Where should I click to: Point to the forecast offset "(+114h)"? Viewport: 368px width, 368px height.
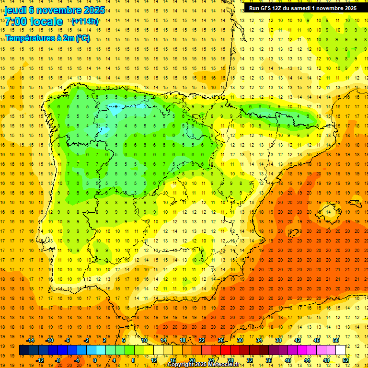tap(85, 22)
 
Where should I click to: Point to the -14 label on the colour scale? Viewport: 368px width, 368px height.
tap(30, 340)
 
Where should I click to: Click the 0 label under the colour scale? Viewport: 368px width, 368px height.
tap(94, 360)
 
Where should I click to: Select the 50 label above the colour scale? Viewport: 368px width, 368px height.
tap(336, 340)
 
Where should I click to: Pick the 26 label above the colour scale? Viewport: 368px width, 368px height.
tap(221, 340)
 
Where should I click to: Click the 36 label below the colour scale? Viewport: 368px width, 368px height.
tap(269, 360)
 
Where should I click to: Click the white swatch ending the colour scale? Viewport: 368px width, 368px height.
tap(341, 350)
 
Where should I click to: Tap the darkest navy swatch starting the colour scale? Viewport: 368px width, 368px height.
tap(24, 350)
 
